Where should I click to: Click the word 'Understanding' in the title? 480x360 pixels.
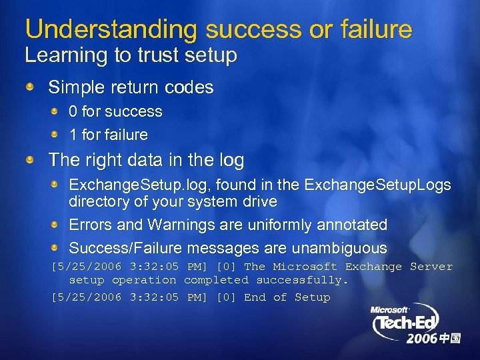point(111,29)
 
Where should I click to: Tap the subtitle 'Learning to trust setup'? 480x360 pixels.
point(131,56)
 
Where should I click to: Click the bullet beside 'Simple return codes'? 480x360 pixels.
point(30,87)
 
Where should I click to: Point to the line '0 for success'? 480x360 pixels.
point(115,111)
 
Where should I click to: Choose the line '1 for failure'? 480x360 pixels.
point(108,135)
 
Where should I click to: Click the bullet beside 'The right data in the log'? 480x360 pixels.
point(30,161)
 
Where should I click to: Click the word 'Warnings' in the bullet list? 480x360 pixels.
point(184,225)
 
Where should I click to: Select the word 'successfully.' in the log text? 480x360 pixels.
point(302,281)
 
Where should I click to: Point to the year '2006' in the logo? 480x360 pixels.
point(422,339)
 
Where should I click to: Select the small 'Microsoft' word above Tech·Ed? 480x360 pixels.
point(391,311)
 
